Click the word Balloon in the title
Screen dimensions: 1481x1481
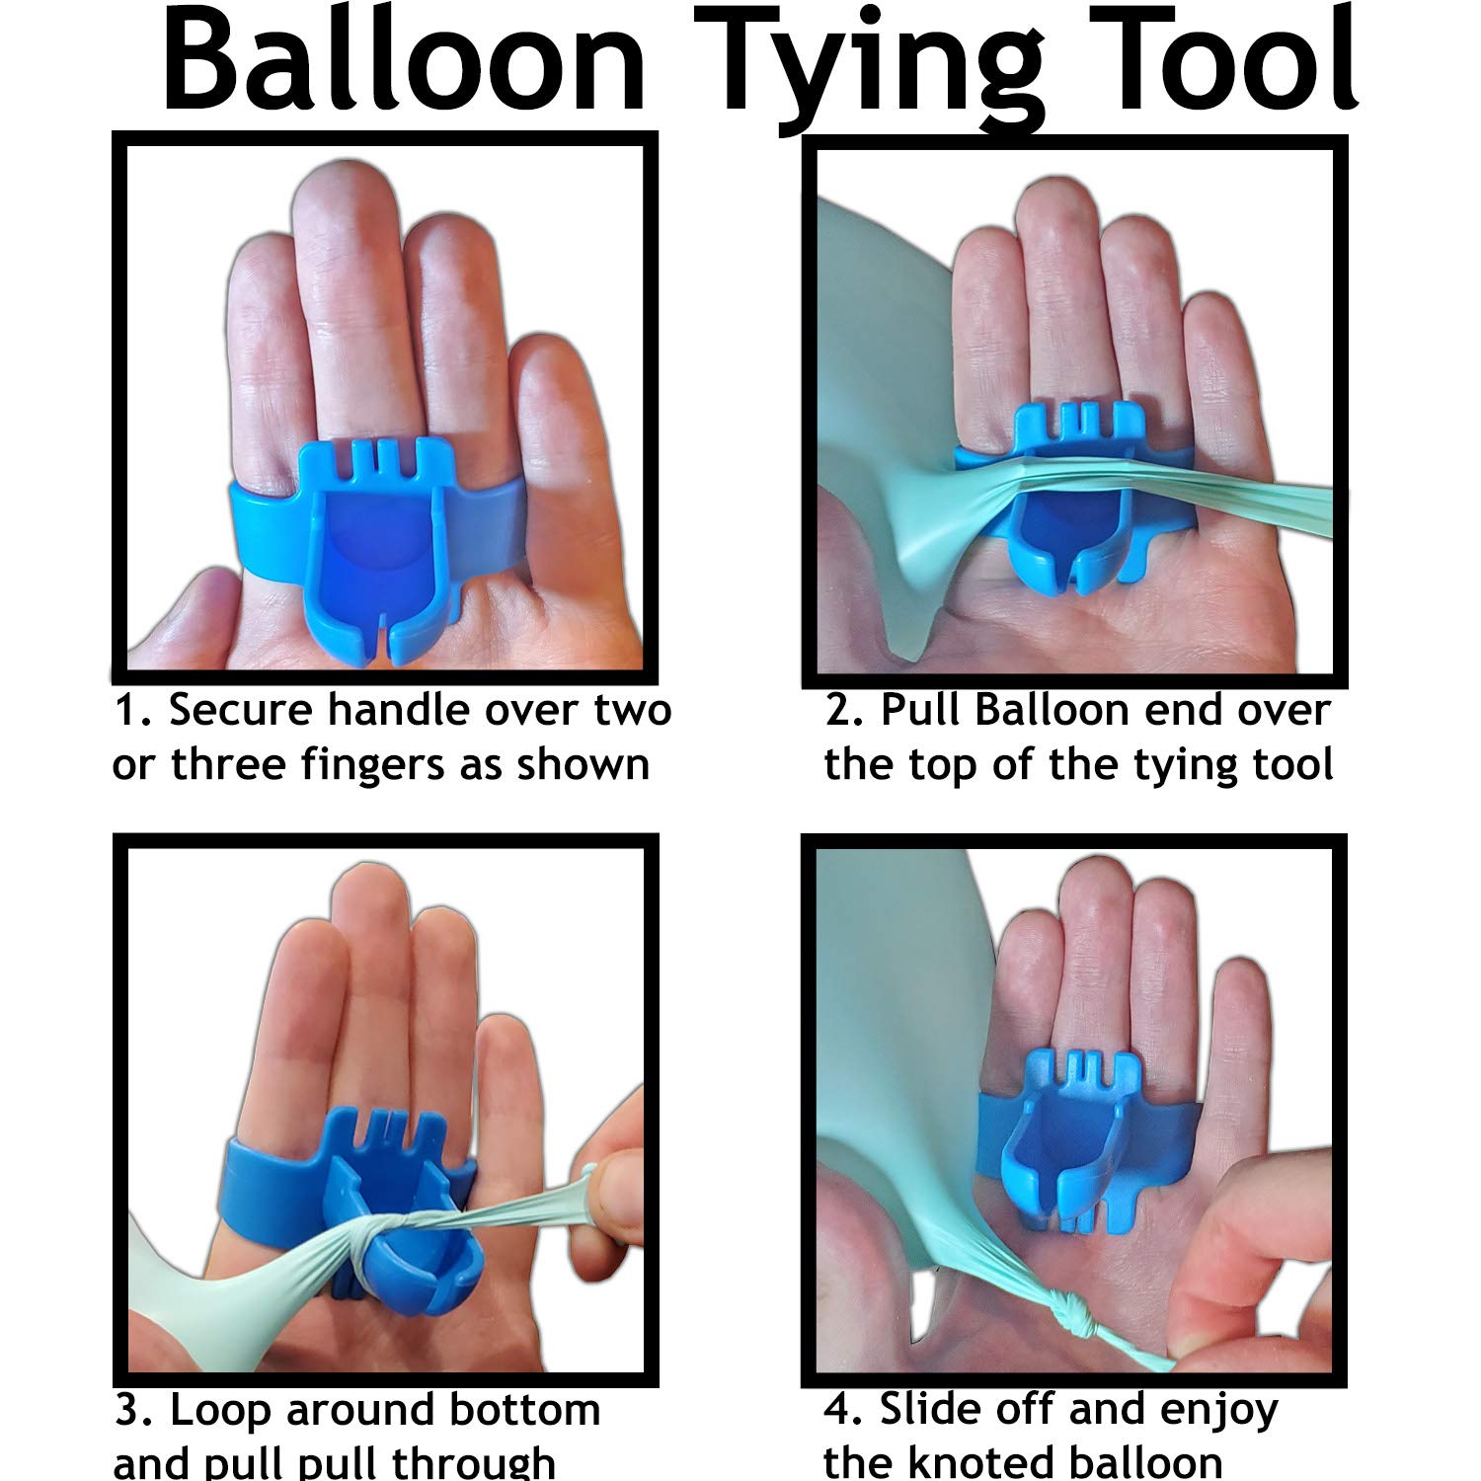403,64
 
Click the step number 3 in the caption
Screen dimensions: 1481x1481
129,1411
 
